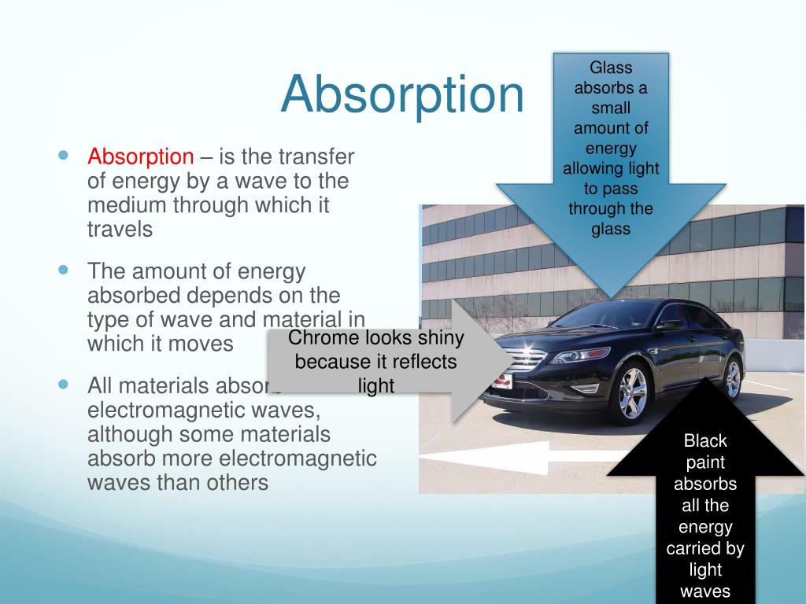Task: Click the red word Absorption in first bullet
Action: [x=140, y=157]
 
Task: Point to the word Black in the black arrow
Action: [x=705, y=440]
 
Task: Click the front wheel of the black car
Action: [x=630, y=393]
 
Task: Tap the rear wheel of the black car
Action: [x=731, y=379]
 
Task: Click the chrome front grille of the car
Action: [x=525, y=361]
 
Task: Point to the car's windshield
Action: [x=605, y=315]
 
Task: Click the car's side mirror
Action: [x=671, y=323]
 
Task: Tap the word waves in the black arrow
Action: [x=705, y=591]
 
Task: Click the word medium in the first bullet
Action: [x=123, y=205]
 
